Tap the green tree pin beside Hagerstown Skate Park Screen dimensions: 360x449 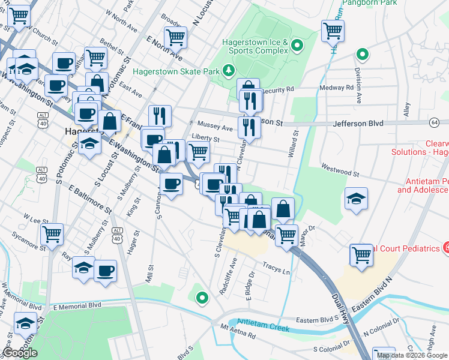pos(228,71)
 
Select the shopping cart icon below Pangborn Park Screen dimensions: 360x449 pos(333,29)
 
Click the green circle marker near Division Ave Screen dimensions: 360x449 pos(362,55)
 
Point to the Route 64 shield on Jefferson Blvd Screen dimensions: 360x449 pos(434,122)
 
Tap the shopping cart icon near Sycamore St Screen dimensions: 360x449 pos(52,233)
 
